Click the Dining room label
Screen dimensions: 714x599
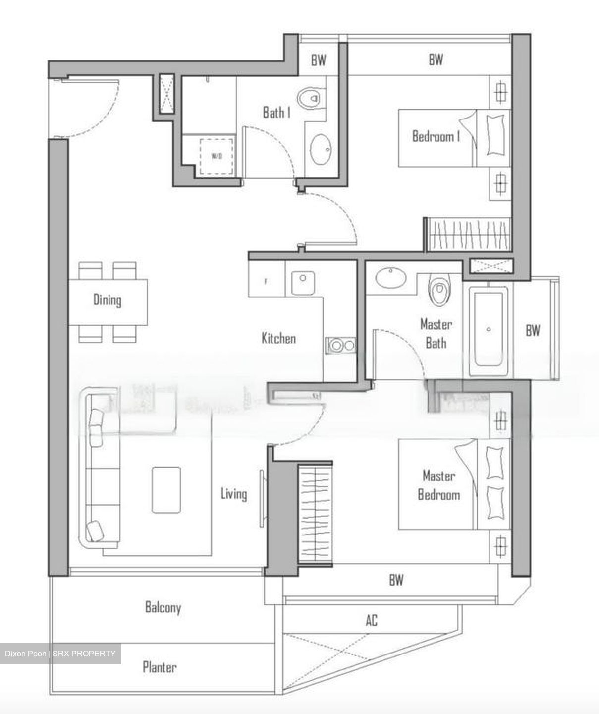(107, 300)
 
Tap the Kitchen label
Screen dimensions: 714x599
(278, 339)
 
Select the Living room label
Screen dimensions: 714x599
(233, 494)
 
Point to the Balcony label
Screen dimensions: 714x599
(163, 607)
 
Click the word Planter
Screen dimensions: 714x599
(160, 667)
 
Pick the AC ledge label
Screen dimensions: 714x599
(372, 620)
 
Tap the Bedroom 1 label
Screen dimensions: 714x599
(436, 136)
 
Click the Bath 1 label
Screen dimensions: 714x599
(276, 113)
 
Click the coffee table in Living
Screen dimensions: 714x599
(166, 489)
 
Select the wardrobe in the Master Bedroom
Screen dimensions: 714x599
(315, 514)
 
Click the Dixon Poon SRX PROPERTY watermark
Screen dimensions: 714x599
(60, 654)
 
